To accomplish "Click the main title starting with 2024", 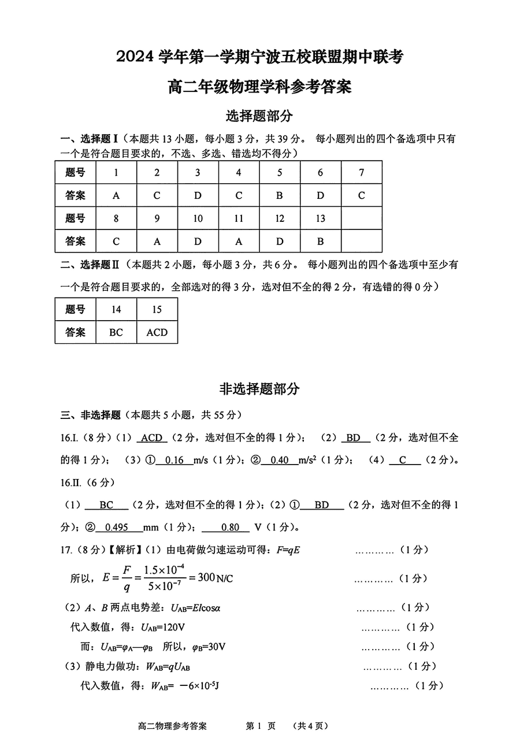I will pyautogui.click(x=259, y=57).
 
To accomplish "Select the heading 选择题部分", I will pyautogui.click(x=259, y=116).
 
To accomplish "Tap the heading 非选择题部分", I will pyautogui.click(x=259, y=389).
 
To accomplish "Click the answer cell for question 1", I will pyautogui.click(x=116, y=195).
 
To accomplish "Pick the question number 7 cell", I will pyautogui.click(x=362, y=172).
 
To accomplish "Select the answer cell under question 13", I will pyautogui.click(x=321, y=241).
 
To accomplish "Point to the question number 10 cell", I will pyautogui.click(x=198, y=218).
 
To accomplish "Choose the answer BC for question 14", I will pyautogui.click(x=116, y=332).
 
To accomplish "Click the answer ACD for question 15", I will pyautogui.click(x=157, y=332).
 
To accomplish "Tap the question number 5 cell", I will pyautogui.click(x=280, y=172).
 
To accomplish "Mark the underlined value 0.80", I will pyautogui.click(x=230, y=527).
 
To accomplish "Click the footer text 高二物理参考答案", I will pyautogui.click(x=173, y=726).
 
